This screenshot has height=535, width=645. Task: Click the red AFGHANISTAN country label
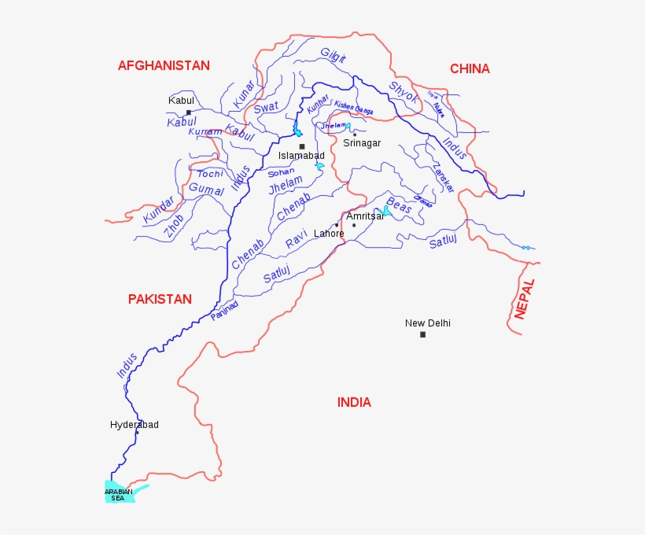tap(164, 65)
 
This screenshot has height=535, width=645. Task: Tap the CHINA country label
tap(470, 68)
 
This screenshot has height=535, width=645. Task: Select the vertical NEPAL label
tap(525, 299)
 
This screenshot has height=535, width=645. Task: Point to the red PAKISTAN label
tap(160, 299)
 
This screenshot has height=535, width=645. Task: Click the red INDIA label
tap(354, 402)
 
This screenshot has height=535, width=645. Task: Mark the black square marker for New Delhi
tap(422, 334)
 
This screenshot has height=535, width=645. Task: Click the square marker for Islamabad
tap(301, 146)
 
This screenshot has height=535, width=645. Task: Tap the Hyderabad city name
tap(134, 425)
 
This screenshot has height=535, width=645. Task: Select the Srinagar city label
tap(362, 143)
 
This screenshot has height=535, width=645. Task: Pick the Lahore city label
tap(329, 234)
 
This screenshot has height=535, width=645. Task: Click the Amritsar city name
tap(365, 216)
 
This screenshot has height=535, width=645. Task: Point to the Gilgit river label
tap(334, 54)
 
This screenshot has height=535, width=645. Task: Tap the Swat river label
tap(266, 107)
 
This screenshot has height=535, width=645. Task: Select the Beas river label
tap(399, 206)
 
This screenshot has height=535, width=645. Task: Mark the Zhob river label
tap(174, 227)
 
